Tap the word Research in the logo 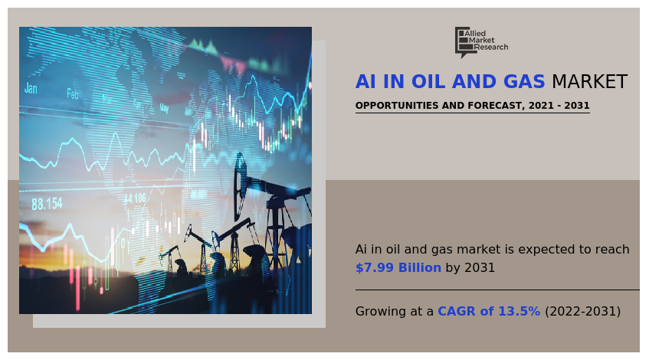pos(491,47)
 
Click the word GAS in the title pos(521,83)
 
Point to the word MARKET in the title pos(589,83)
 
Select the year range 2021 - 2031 pos(559,106)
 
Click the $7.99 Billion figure pos(398,268)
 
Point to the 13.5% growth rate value pos(521,312)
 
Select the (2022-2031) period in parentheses pos(582,312)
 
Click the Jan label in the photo pos(31,89)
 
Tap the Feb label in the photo pos(73,94)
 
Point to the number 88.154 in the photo pos(47,204)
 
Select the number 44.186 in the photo pos(135,198)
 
